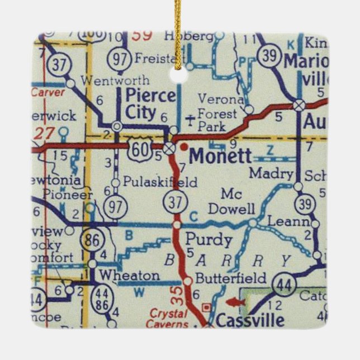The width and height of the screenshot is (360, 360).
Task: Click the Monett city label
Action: click(220, 156)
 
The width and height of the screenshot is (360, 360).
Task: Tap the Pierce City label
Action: click(150, 103)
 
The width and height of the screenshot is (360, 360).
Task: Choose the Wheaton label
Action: click(129, 276)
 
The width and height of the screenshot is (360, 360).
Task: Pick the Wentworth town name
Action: click(115, 80)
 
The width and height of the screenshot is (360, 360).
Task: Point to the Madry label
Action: click(271, 173)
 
